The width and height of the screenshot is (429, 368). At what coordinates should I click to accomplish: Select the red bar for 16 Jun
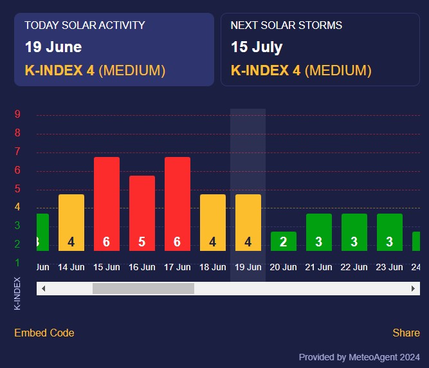click(x=142, y=213)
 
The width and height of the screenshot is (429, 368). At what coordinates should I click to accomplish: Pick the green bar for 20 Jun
click(x=284, y=241)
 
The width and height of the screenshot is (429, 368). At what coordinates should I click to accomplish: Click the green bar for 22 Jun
click(x=354, y=232)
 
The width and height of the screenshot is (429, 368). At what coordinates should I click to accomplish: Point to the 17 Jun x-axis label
click(x=178, y=267)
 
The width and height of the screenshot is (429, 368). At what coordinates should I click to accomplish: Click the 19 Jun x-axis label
click(x=248, y=267)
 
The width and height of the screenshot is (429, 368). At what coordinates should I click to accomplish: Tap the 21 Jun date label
click(x=319, y=267)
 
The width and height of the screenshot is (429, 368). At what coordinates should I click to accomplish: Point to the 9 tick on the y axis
click(x=18, y=115)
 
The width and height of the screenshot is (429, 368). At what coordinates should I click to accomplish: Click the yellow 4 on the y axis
click(x=18, y=207)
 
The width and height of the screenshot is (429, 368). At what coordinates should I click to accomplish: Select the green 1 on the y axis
click(x=18, y=262)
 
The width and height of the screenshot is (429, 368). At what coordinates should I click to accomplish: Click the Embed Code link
click(x=44, y=333)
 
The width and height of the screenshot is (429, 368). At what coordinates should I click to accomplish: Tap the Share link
click(x=406, y=333)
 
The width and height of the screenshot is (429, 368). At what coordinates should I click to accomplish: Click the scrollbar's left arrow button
click(x=43, y=289)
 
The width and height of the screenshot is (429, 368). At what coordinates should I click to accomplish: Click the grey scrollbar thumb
click(x=143, y=289)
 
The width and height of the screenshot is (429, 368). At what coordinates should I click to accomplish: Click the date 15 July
click(x=257, y=47)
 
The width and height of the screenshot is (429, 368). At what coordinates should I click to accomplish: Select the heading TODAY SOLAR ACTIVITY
click(x=85, y=25)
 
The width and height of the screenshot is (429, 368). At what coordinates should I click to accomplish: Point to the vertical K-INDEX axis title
click(x=17, y=293)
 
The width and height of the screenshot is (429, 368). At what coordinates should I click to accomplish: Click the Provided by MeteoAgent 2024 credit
click(x=359, y=357)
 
